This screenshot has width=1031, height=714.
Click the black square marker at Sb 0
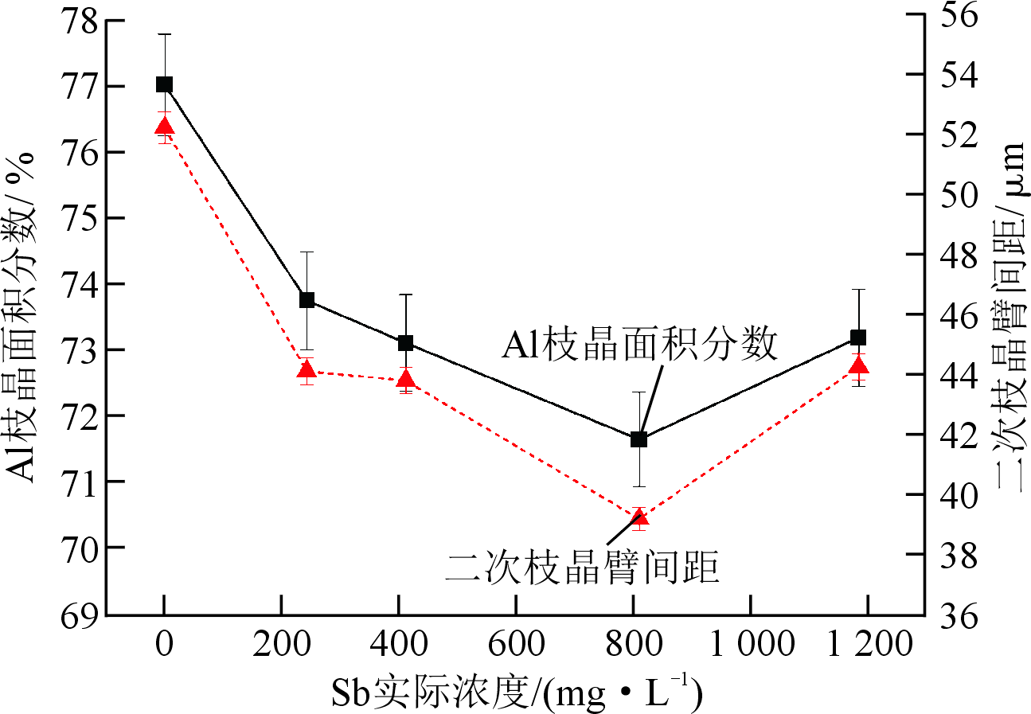tap(164, 84)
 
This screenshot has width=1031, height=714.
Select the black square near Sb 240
tap(307, 300)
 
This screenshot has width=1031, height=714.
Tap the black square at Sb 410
tap(405, 343)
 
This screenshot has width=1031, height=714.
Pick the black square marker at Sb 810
tap(639, 439)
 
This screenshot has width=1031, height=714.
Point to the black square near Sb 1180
tap(858, 337)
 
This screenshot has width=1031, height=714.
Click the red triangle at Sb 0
tap(164, 126)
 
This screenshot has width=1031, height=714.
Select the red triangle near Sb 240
tap(307, 369)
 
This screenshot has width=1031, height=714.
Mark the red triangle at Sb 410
tap(405, 378)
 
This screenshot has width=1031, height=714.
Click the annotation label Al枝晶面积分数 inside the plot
tap(639, 346)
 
